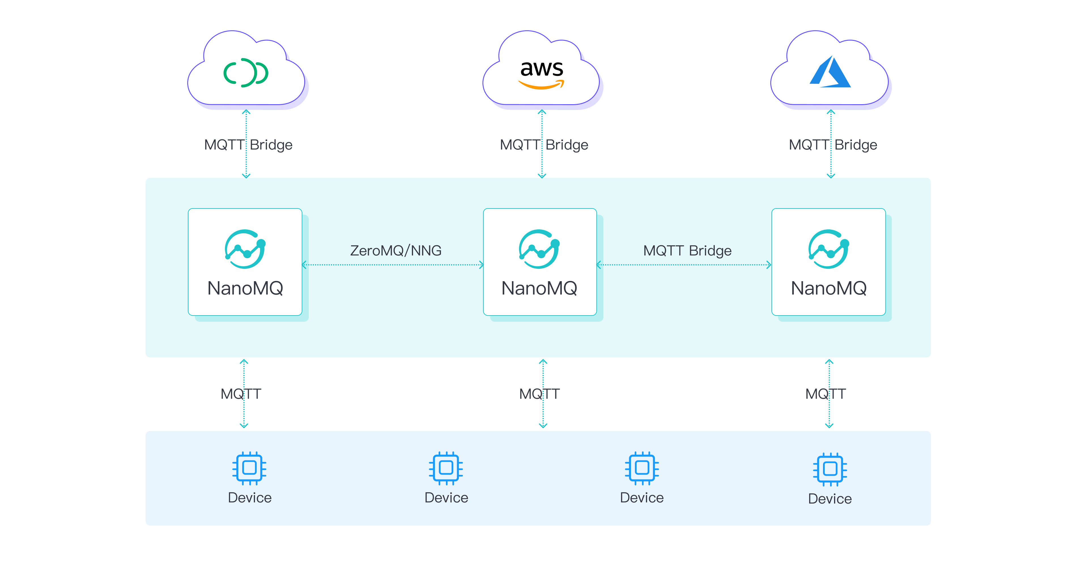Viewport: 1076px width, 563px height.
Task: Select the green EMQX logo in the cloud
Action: click(246, 73)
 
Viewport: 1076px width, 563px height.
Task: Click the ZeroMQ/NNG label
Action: click(395, 251)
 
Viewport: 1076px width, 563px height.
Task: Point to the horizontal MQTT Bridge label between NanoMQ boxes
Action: click(687, 251)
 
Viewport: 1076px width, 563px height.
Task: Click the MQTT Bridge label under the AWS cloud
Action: click(544, 145)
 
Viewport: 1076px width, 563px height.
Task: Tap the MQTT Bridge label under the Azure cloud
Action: click(833, 145)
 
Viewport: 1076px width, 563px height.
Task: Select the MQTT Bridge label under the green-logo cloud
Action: click(248, 145)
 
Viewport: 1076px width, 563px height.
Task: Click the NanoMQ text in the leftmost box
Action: click(245, 288)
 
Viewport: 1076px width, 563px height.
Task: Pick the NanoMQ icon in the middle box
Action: click(539, 249)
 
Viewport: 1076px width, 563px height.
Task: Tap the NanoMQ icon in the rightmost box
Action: click(828, 249)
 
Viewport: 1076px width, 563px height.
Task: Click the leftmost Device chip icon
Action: click(249, 468)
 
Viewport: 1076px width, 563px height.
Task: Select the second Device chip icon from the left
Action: click(446, 468)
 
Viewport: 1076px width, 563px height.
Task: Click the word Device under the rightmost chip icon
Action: click(830, 499)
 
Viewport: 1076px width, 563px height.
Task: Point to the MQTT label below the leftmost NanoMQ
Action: click(241, 394)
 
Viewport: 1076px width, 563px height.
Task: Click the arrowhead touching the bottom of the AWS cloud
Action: click(542, 112)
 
